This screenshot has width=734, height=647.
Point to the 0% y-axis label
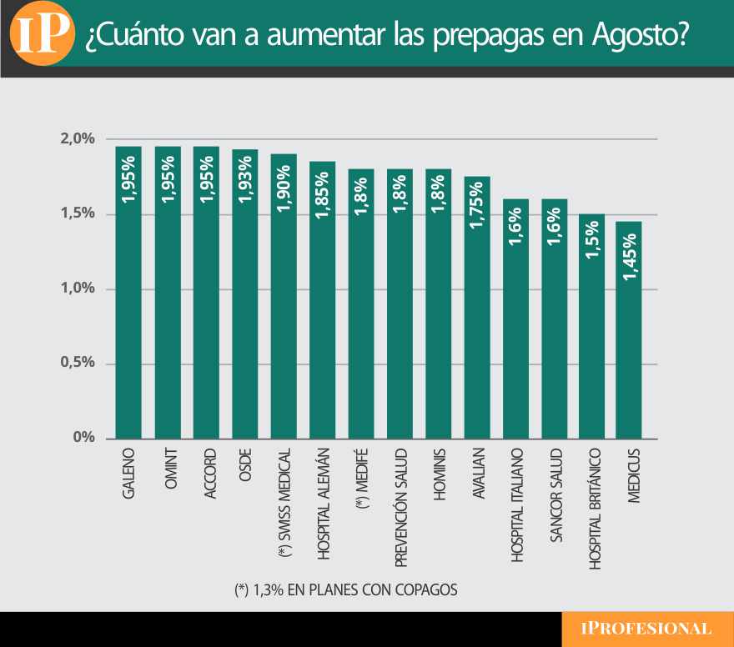[83, 438]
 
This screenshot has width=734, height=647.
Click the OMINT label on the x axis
[168, 474]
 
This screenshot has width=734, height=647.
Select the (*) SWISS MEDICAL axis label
[284, 504]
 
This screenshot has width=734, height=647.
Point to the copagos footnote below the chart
[346, 589]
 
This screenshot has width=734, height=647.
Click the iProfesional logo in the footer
[647, 629]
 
